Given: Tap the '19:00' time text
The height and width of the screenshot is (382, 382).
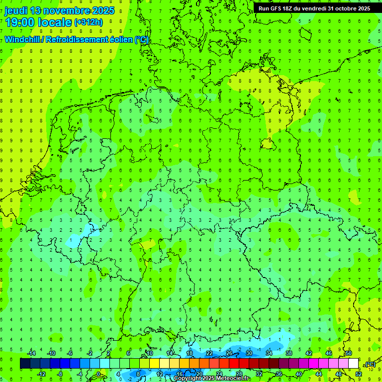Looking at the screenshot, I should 20,22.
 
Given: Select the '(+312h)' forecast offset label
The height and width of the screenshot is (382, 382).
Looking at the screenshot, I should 88,22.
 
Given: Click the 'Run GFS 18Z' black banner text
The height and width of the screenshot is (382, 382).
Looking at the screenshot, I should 279,8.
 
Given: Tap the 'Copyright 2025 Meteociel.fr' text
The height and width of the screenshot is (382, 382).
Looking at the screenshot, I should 212,379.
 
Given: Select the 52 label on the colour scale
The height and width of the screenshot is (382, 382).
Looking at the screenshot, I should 359,374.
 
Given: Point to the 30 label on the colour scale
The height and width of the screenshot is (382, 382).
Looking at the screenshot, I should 249,353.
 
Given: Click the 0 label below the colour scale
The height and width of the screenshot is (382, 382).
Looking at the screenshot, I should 99,374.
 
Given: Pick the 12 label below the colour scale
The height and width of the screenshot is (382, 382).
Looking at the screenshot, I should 159,374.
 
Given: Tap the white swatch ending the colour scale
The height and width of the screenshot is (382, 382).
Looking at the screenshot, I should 354,364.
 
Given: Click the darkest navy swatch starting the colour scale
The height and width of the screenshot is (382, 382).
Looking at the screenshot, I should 25,364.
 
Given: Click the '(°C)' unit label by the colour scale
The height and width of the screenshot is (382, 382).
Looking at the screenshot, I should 370,364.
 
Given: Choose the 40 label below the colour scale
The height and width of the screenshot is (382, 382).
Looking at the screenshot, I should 299,374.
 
